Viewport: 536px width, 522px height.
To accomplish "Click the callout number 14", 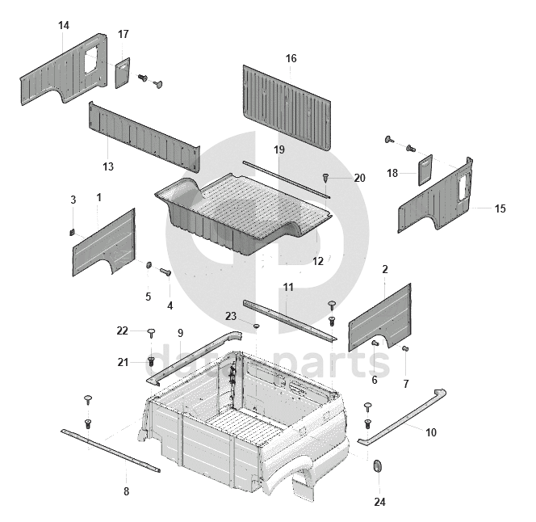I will [64, 26].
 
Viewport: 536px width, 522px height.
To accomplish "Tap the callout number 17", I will [123, 34].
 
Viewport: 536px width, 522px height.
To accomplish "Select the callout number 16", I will [291, 58].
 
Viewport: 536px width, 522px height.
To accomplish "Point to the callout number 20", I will [359, 178].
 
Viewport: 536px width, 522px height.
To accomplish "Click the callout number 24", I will [379, 502].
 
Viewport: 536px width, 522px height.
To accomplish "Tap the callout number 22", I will [122, 330].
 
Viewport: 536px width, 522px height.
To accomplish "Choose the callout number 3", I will [73, 200].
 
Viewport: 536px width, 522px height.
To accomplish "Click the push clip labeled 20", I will [326, 177].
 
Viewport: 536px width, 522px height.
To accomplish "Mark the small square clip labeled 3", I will [71, 232].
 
